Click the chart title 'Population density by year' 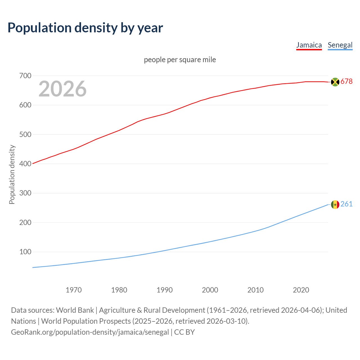click(x=85, y=28)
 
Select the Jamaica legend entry click(x=309, y=45)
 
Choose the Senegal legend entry click(x=340, y=45)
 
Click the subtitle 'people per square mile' click(x=180, y=60)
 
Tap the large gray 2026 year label click(x=62, y=89)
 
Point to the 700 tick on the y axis click(x=25, y=76)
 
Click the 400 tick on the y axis click(x=25, y=164)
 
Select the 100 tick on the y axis click(x=25, y=252)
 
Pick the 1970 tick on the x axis click(x=74, y=290)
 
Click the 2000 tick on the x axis click(x=210, y=290)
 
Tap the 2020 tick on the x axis click(x=301, y=290)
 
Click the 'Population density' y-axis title click(x=12, y=174)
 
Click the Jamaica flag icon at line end click(x=335, y=82)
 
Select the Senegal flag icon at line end click(x=335, y=204)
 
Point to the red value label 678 click(x=346, y=82)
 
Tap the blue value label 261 click(x=346, y=204)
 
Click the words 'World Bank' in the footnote click(x=75, y=310)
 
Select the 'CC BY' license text click(x=184, y=332)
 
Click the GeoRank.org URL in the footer click(x=90, y=332)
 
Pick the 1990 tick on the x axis click(x=165, y=290)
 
